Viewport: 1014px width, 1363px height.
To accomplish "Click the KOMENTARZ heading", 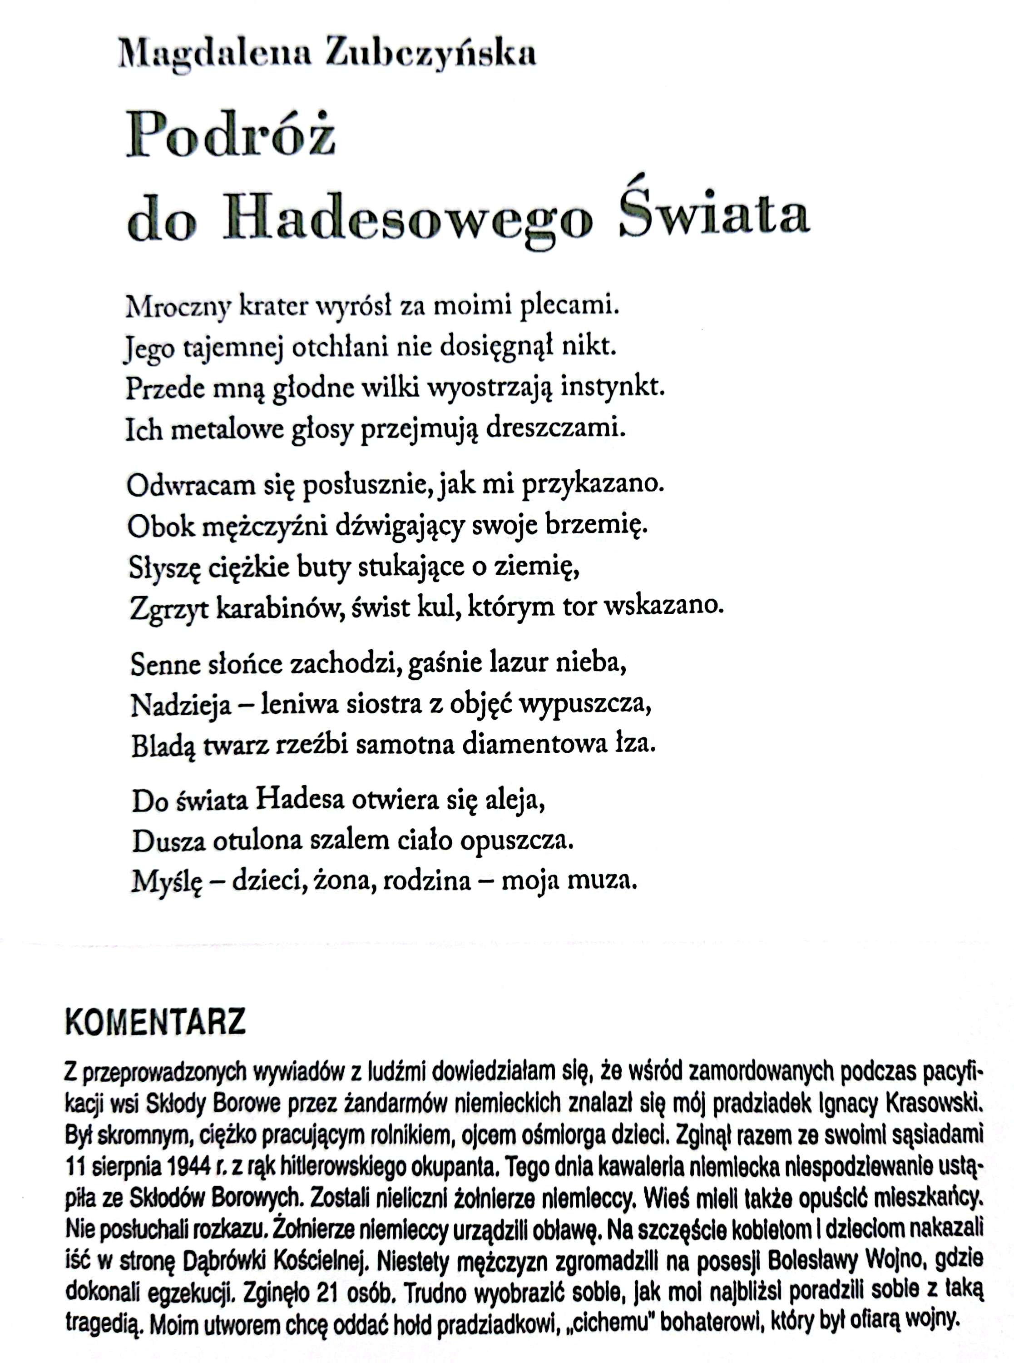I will pyautogui.click(x=155, y=1022).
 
